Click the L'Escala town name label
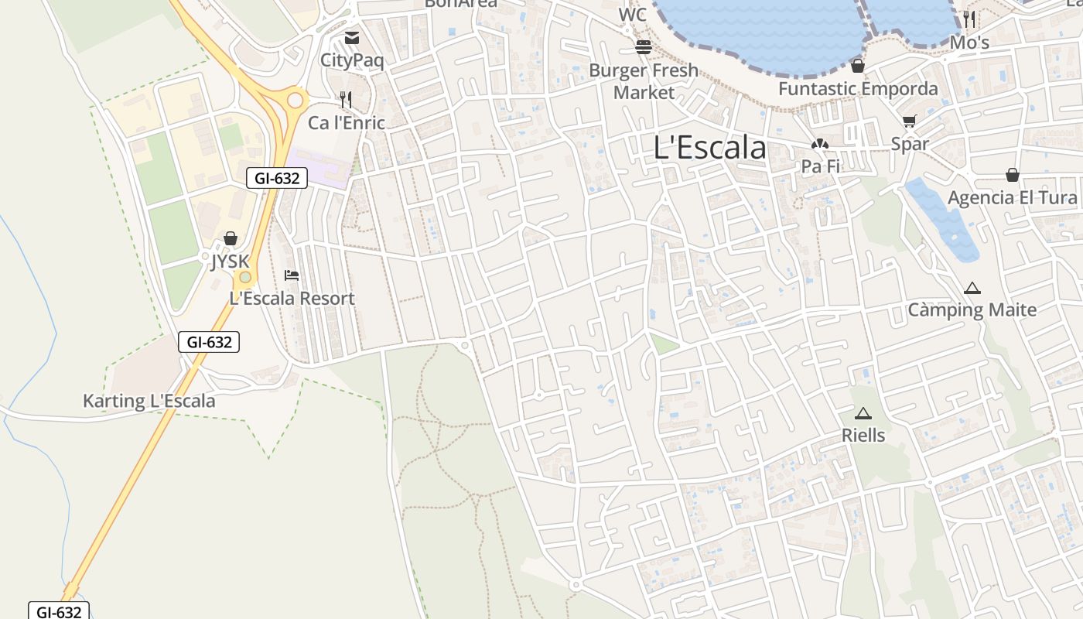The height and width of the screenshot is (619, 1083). tap(709, 148)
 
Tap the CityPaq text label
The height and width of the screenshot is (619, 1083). tap(352, 60)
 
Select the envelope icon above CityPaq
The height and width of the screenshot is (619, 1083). tap(352, 38)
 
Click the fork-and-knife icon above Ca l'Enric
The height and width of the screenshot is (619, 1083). tap(346, 100)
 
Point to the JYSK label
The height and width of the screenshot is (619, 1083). tap(231, 262)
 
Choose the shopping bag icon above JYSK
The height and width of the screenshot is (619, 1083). tap(231, 238)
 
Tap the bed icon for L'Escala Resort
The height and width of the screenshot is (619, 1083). tap(292, 275)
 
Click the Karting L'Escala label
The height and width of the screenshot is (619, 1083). tap(149, 402)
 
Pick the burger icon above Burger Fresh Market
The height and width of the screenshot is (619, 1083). tap(644, 47)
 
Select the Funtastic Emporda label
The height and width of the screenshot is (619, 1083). tap(858, 89)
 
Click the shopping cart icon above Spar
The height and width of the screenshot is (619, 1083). tap(910, 121)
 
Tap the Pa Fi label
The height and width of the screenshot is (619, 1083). tap(820, 166)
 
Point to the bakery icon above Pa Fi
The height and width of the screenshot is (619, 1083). tap(820, 144)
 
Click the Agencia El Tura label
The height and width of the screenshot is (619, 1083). tap(1013, 198)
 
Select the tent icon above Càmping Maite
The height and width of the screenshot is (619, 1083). tap(972, 289)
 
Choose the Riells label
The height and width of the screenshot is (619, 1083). tap(863, 436)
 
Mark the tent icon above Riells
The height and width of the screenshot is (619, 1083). tap(863, 413)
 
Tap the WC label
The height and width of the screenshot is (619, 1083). tap(632, 15)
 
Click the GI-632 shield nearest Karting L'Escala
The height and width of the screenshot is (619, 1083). tap(209, 342)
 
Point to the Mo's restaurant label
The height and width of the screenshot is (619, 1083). tap(969, 43)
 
